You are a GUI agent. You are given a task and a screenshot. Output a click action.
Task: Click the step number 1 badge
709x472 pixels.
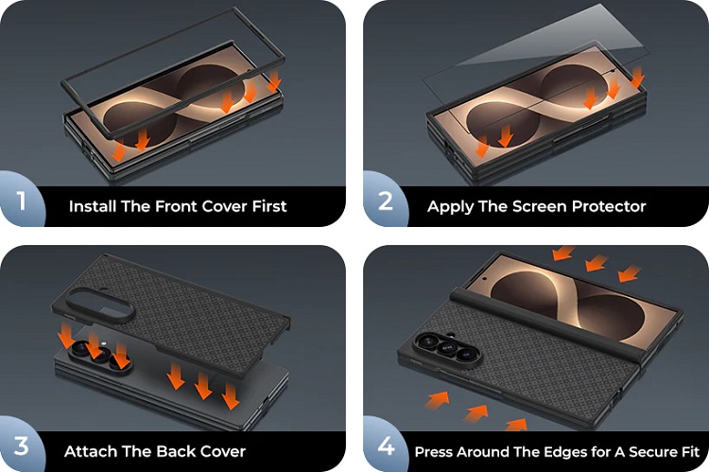[21, 200]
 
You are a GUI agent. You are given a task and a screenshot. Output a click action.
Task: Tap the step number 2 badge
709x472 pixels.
[385, 200]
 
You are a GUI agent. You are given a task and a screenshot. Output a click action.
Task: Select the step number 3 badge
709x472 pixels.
[21, 446]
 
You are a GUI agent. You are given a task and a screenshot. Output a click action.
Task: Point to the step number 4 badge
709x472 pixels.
[386, 446]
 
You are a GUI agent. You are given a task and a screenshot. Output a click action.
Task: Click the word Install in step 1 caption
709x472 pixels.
[93, 206]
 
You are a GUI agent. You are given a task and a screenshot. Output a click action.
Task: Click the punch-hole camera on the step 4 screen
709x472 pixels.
[485, 279]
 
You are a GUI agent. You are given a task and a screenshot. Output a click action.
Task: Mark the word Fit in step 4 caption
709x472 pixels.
[689, 451]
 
